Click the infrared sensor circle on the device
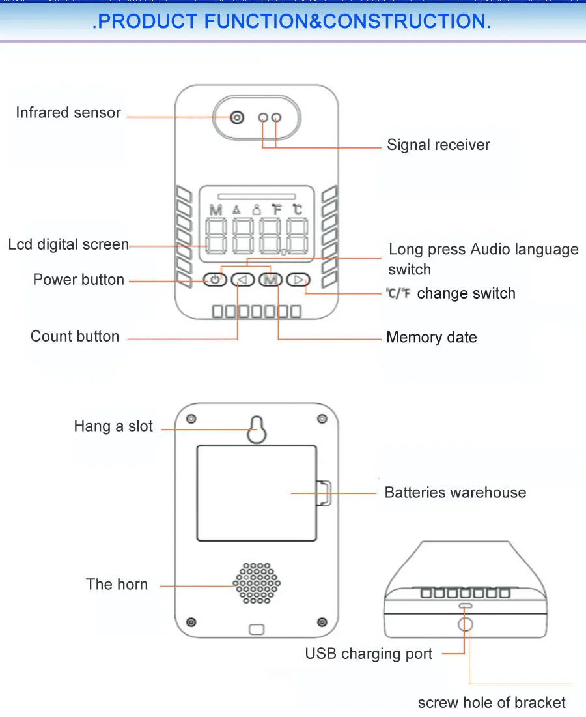coord(237,117)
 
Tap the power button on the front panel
coord(216,280)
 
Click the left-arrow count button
coord(243,280)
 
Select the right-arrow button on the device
coord(298,280)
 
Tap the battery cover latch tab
coord(324,493)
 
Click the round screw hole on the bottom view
coord(466,624)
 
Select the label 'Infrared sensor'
coord(68,113)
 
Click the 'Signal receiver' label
coord(438,145)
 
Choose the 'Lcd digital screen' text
coord(68,245)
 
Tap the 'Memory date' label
coord(431,338)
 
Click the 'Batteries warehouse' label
coord(455,493)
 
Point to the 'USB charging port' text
coord(369,654)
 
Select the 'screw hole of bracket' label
coord(492,703)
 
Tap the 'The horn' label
coord(117,585)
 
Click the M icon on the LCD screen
coord(216,210)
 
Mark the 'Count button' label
coord(75,337)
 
